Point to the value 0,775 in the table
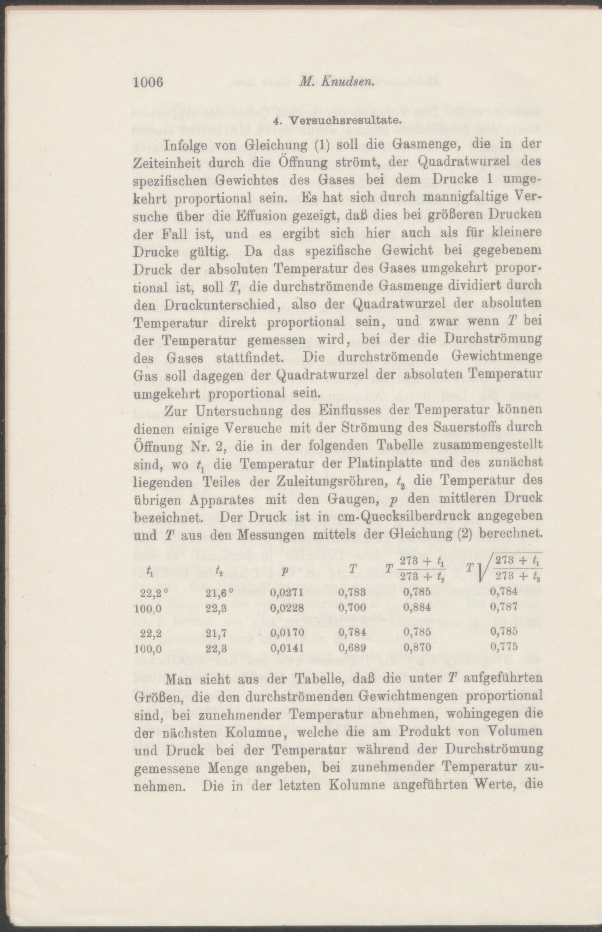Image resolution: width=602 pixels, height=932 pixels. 504,647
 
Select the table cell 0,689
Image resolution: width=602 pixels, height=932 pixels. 352,648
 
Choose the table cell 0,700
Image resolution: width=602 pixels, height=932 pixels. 352,607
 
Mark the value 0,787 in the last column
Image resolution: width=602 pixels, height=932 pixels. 504,606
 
